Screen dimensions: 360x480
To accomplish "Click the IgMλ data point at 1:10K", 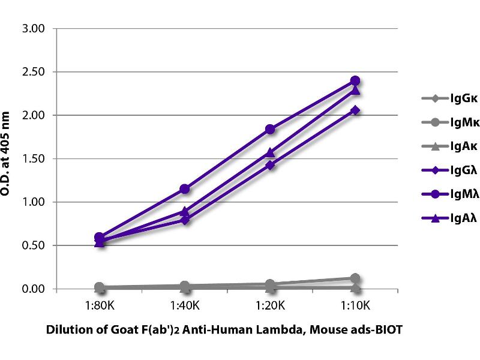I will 355,80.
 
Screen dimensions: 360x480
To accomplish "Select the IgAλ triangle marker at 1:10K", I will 355,90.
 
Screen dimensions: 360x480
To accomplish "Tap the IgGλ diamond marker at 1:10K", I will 355,110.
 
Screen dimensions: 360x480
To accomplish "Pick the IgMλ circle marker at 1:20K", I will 270,129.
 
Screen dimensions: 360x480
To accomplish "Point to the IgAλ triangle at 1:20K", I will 270,152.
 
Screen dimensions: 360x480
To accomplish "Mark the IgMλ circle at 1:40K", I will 185,189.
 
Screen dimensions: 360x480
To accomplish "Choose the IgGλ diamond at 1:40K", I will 185,220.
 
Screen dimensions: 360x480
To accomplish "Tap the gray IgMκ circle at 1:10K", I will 355,278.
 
